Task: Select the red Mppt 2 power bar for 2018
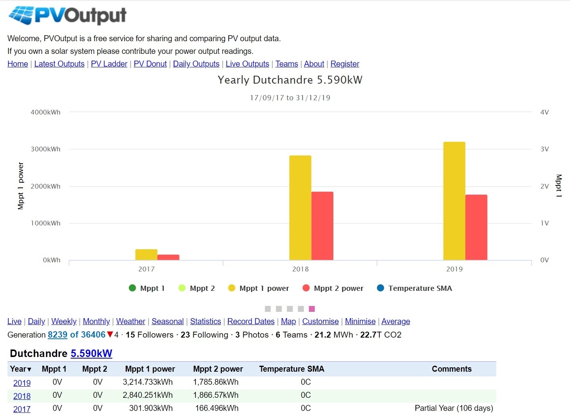[x=322, y=226]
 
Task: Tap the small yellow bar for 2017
[x=146, y=254]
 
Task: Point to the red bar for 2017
[x=168, y=257]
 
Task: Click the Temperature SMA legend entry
[x=415, y=288]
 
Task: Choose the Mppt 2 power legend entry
[x=333, y=288]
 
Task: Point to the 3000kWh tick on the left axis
[x=46, y=149]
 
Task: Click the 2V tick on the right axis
[x=545, y=186]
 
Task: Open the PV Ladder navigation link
[x=109, y=64]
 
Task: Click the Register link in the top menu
[x=345, y=64]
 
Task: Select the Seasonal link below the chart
[x=168, y=321]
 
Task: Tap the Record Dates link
[x=251, y=321]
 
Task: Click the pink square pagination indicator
[x=312, y=309]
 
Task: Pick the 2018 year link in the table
[x=22, y=396]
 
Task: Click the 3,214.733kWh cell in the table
[x=148, y=382]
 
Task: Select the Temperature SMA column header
[x=292, y=369]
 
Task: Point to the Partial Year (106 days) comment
[x=454, y=408]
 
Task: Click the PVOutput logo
[x=67, y=16]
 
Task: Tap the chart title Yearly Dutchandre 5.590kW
[x=290, y=80]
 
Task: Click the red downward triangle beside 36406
[x=110, y=335]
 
